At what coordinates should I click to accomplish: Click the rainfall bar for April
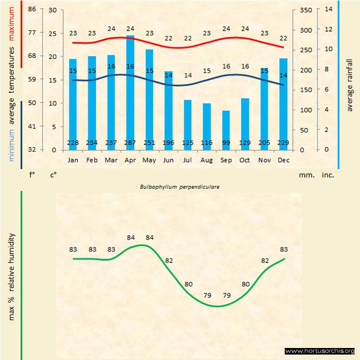click(130, 93)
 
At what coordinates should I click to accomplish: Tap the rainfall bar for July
click(188, 124)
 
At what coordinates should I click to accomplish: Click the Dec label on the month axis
click(283, 160)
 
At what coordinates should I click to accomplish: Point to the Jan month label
click(73, 160)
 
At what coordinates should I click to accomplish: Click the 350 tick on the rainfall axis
click(305, 10)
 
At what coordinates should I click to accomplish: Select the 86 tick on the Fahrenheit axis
click(32, 10)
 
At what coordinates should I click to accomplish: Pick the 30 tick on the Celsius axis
click(52, 10)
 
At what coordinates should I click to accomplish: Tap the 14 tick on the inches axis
click(328, 9)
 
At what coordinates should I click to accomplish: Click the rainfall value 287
click(130, 143)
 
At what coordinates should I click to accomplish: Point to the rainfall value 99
click(226, 143)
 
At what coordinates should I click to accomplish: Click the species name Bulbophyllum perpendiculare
click(180, 187)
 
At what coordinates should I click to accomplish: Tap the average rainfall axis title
click(350, 83)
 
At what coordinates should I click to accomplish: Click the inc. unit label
click(328, 176)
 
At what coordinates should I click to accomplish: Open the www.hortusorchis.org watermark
click(320, 351)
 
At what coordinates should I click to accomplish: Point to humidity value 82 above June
click(169, 261)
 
